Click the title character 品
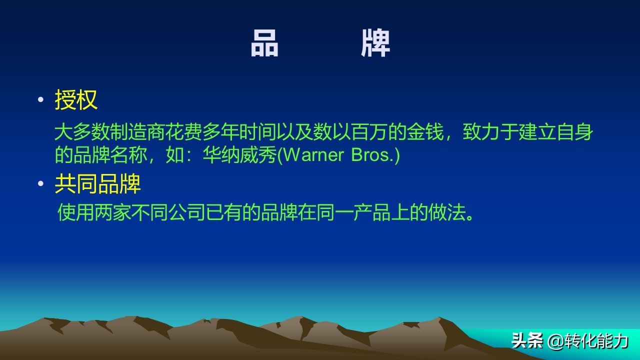point(264,43)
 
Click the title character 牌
point(375,43)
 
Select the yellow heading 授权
point(76,100)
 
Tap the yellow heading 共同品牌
point(97,184)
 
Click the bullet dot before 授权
point(41,100)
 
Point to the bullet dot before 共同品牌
point(41,184)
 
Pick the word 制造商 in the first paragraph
point(130,132)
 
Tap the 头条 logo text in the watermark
point(527,341)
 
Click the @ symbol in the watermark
point(555,341)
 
